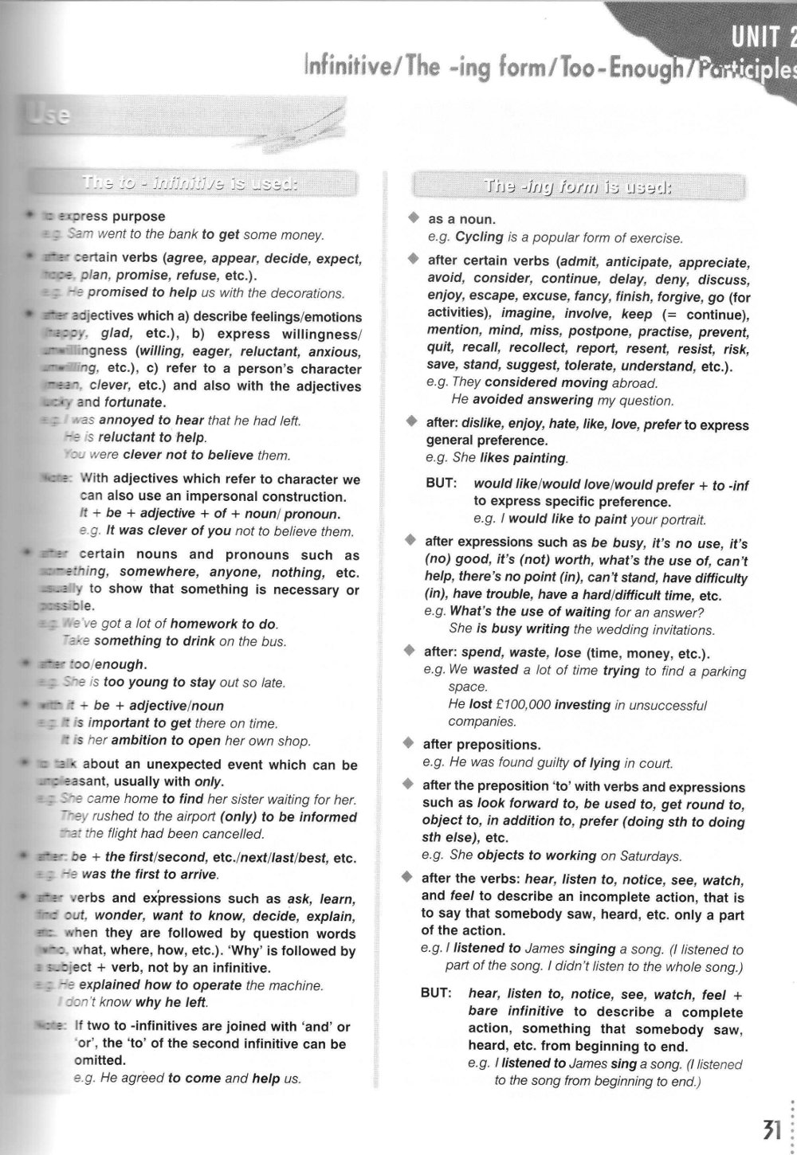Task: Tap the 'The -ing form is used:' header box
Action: tap(579, 188)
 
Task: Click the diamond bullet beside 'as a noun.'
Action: tap(412, 217)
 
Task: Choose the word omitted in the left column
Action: tap(100, 1060)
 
